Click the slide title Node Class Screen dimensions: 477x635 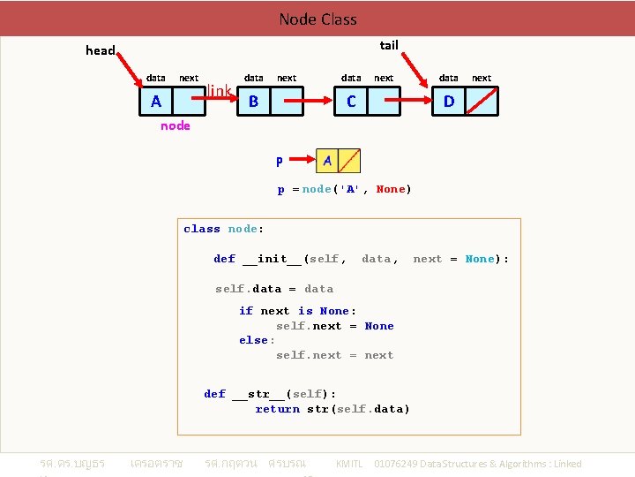pos(317,19)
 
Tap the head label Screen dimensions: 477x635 pos(100,50)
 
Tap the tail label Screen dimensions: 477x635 pos(388,45)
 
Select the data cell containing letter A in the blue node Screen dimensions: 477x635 pos(157,102)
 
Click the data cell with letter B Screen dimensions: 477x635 pos(254,102)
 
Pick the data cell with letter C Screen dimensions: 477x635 pos(351,102)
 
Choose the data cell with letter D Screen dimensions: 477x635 pos(449,102)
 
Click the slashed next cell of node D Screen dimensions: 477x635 pos(482,102)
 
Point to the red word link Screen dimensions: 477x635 pos(220,91)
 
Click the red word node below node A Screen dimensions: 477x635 pos(175,125)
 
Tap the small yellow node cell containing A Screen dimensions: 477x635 pos(328,161)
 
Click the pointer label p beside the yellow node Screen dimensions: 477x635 pos(280,161)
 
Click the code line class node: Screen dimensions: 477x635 pos(222,229)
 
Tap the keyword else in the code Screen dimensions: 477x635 pos(255,340)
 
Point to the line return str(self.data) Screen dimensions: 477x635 pos(332,409)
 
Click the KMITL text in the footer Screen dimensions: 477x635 pos(349,464)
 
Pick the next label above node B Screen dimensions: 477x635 pos(287,78)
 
